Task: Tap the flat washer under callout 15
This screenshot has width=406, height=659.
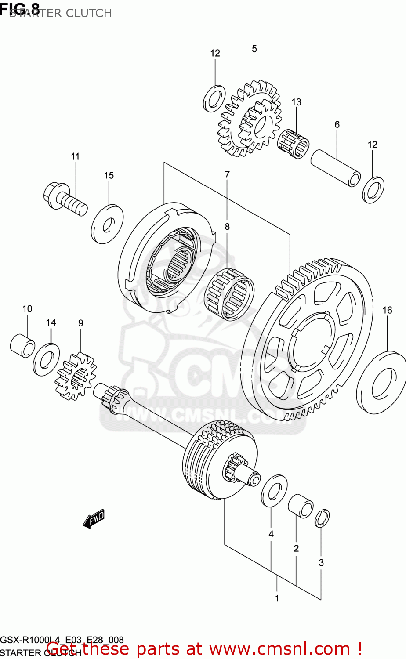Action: click(107, 224)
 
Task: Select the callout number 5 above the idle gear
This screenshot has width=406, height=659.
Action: click(254, 49)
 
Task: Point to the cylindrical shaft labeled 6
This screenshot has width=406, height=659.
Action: click(336, 168)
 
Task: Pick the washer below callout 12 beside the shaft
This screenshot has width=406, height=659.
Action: click(373, 190)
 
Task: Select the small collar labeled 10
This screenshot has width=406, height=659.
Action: click(22, 345)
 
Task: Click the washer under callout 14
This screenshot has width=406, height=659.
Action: click(47, 359)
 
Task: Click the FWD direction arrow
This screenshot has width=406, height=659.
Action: click(94, 519)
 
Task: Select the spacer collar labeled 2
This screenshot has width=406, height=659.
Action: click(301, 506)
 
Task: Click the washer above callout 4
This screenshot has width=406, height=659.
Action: click(274, 490)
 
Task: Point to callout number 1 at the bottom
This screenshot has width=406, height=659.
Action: click(277, 598)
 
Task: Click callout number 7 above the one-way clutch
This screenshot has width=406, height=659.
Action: click(227, 174)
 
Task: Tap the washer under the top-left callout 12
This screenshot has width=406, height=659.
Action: click(214, 98)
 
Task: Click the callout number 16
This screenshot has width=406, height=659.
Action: click(387, 310)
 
